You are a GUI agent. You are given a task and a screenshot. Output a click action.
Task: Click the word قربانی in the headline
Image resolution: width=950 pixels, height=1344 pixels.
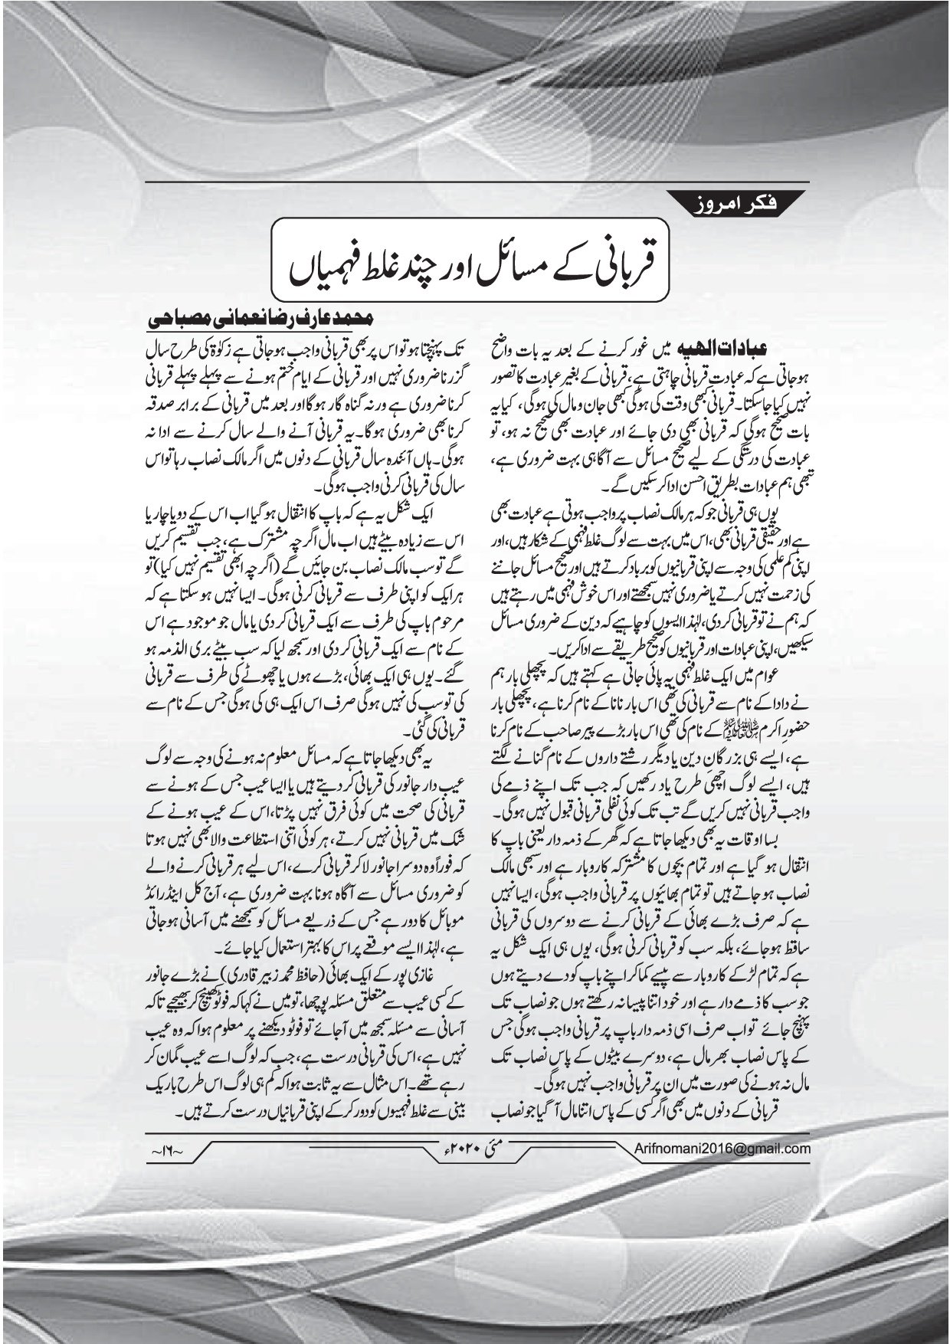coord(621,263)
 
